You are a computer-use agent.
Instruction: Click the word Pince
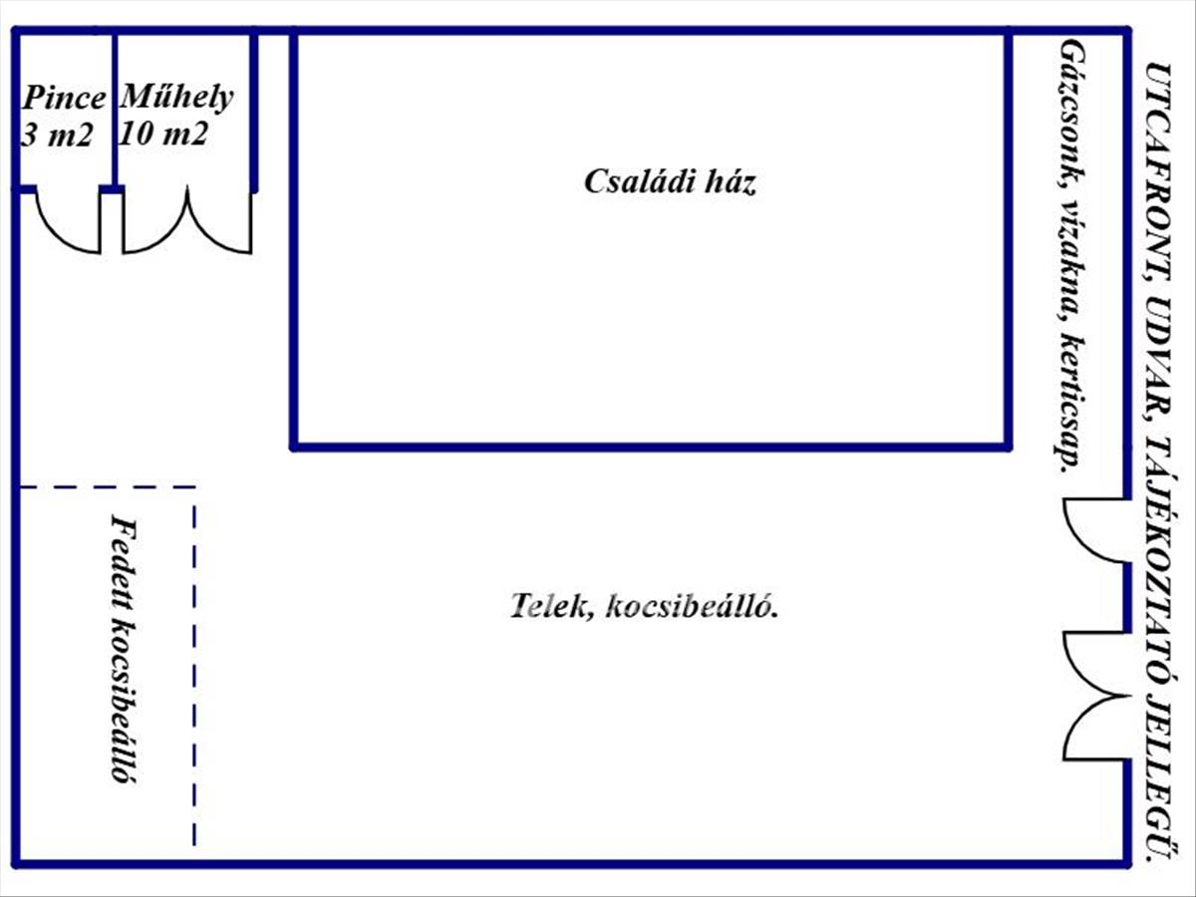coord(64,98)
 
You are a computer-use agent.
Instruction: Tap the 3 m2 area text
coord(56,134)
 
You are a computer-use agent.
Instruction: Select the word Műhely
coord(176,97)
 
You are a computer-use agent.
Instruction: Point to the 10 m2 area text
coord(162,133)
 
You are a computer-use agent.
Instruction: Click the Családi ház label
coord(670,182)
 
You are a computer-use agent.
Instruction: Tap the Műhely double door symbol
coord(187,224)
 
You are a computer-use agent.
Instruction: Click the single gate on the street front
coord(1094,533)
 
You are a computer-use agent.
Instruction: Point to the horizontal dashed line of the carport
coord(108,487)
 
